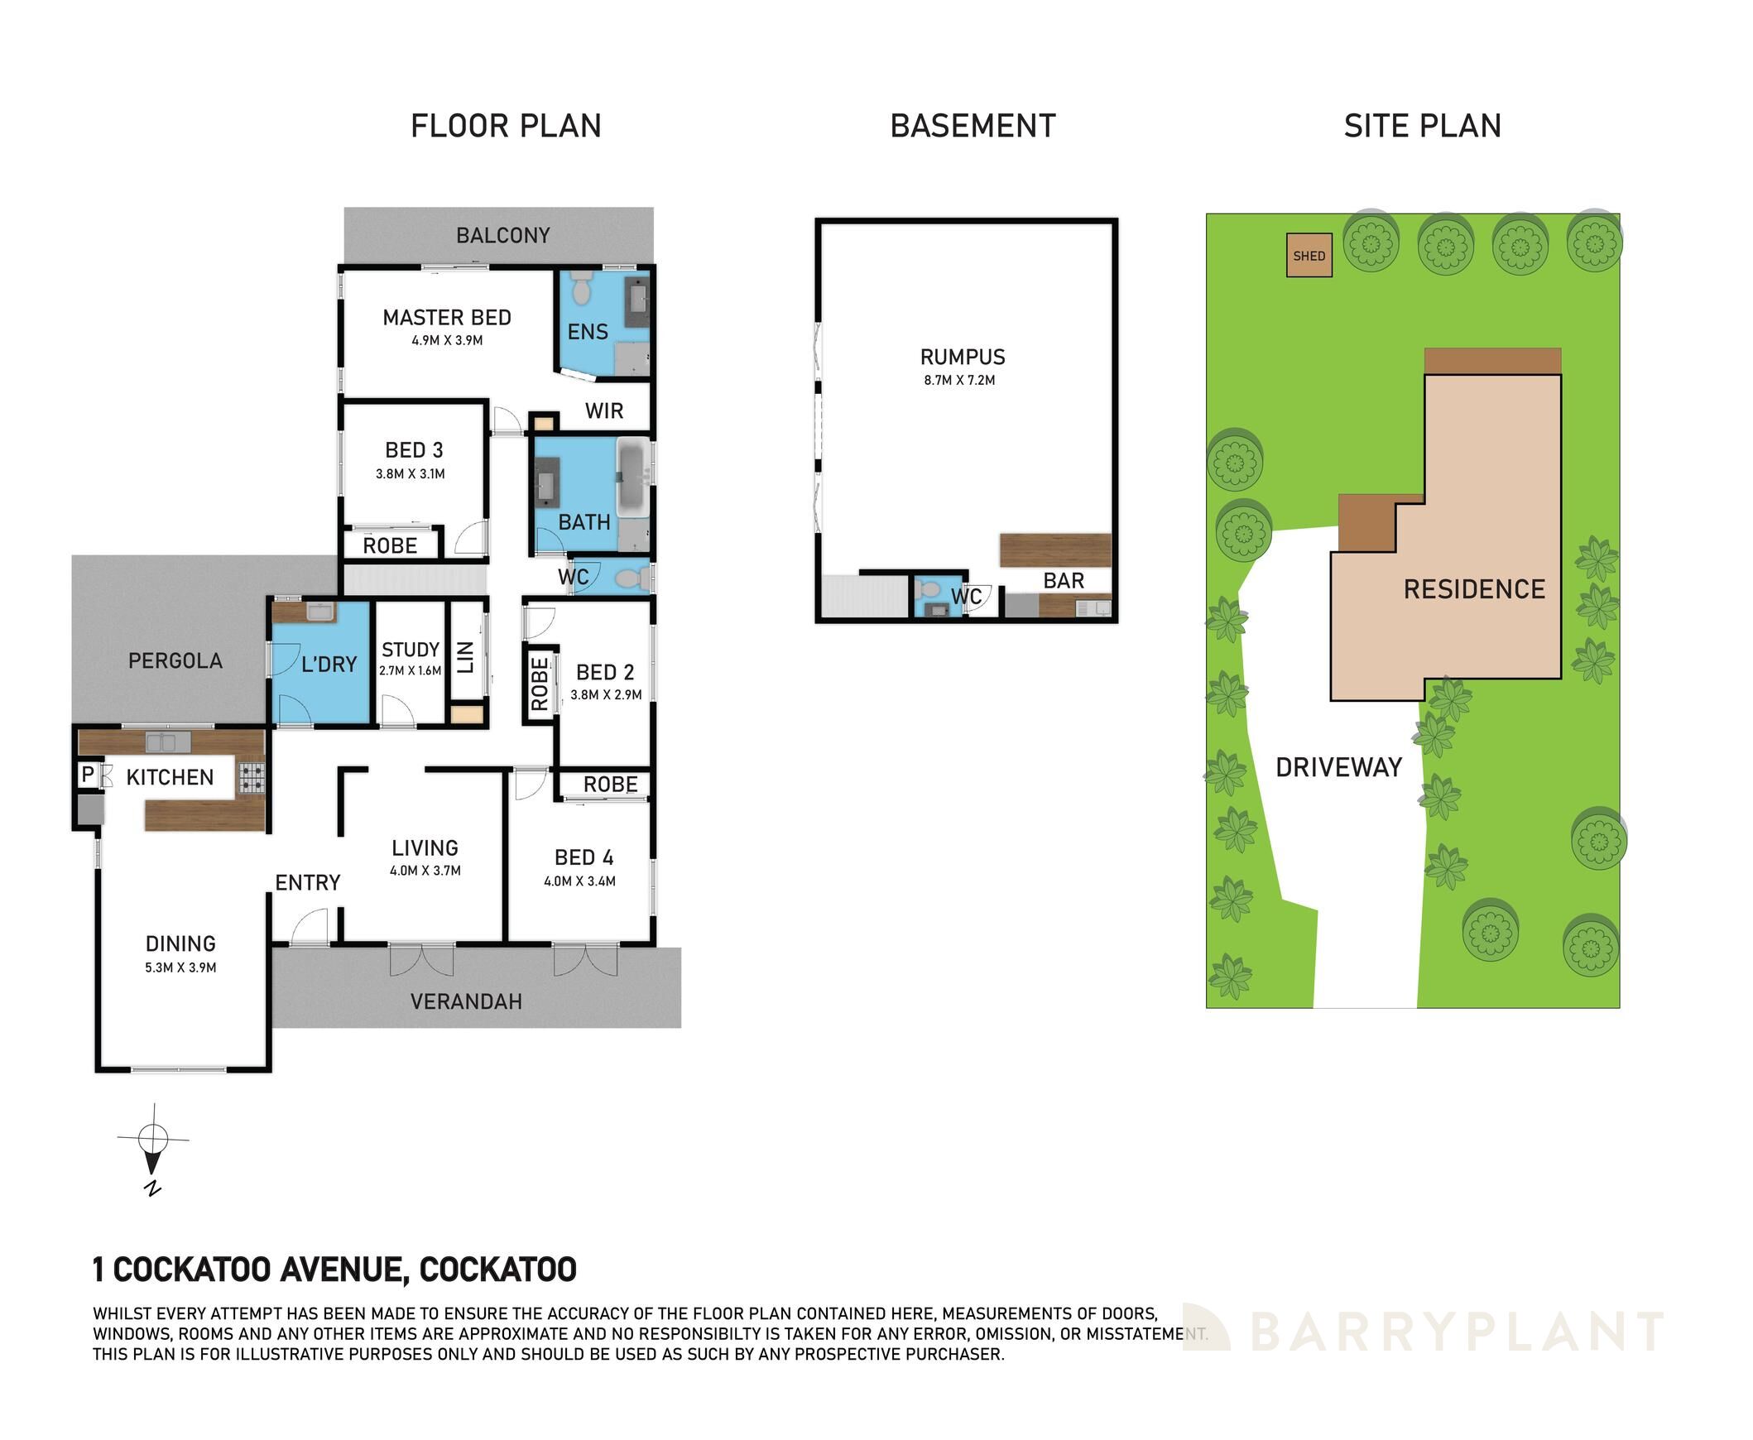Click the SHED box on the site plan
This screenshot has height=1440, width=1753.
(x=1309, y=256)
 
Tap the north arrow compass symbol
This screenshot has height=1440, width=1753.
(x=152, y=1150)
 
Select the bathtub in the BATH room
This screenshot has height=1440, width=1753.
(x=633, y=476)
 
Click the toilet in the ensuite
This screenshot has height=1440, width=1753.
(x=582, y=286)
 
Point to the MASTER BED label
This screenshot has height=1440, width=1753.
(x=447, y=317)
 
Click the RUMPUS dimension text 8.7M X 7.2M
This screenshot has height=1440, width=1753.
(x=960, y=381)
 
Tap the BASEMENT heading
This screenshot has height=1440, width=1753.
(x=973, y=126)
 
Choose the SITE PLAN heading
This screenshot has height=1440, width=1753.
(x=1423, y=126)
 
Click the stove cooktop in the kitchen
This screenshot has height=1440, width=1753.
(x=252, y=777)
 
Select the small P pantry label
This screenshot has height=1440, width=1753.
(x=87, y=775)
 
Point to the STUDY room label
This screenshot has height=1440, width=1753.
(x=411, y=650)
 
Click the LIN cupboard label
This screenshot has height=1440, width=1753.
(x=465, y=657)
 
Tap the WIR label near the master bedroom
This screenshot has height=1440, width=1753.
(x=604, y=410)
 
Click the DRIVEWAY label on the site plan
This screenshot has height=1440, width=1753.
(x=1339, y=767)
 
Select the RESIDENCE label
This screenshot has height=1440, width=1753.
(x=1474, y=589)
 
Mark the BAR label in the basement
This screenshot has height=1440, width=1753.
(x=1064, y=581)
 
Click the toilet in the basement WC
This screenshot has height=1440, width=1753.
(x=930, y=590)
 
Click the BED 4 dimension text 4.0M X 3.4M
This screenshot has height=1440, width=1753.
(x=580, y=881)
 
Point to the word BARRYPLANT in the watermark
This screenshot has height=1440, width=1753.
(x=1456, y=1332)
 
